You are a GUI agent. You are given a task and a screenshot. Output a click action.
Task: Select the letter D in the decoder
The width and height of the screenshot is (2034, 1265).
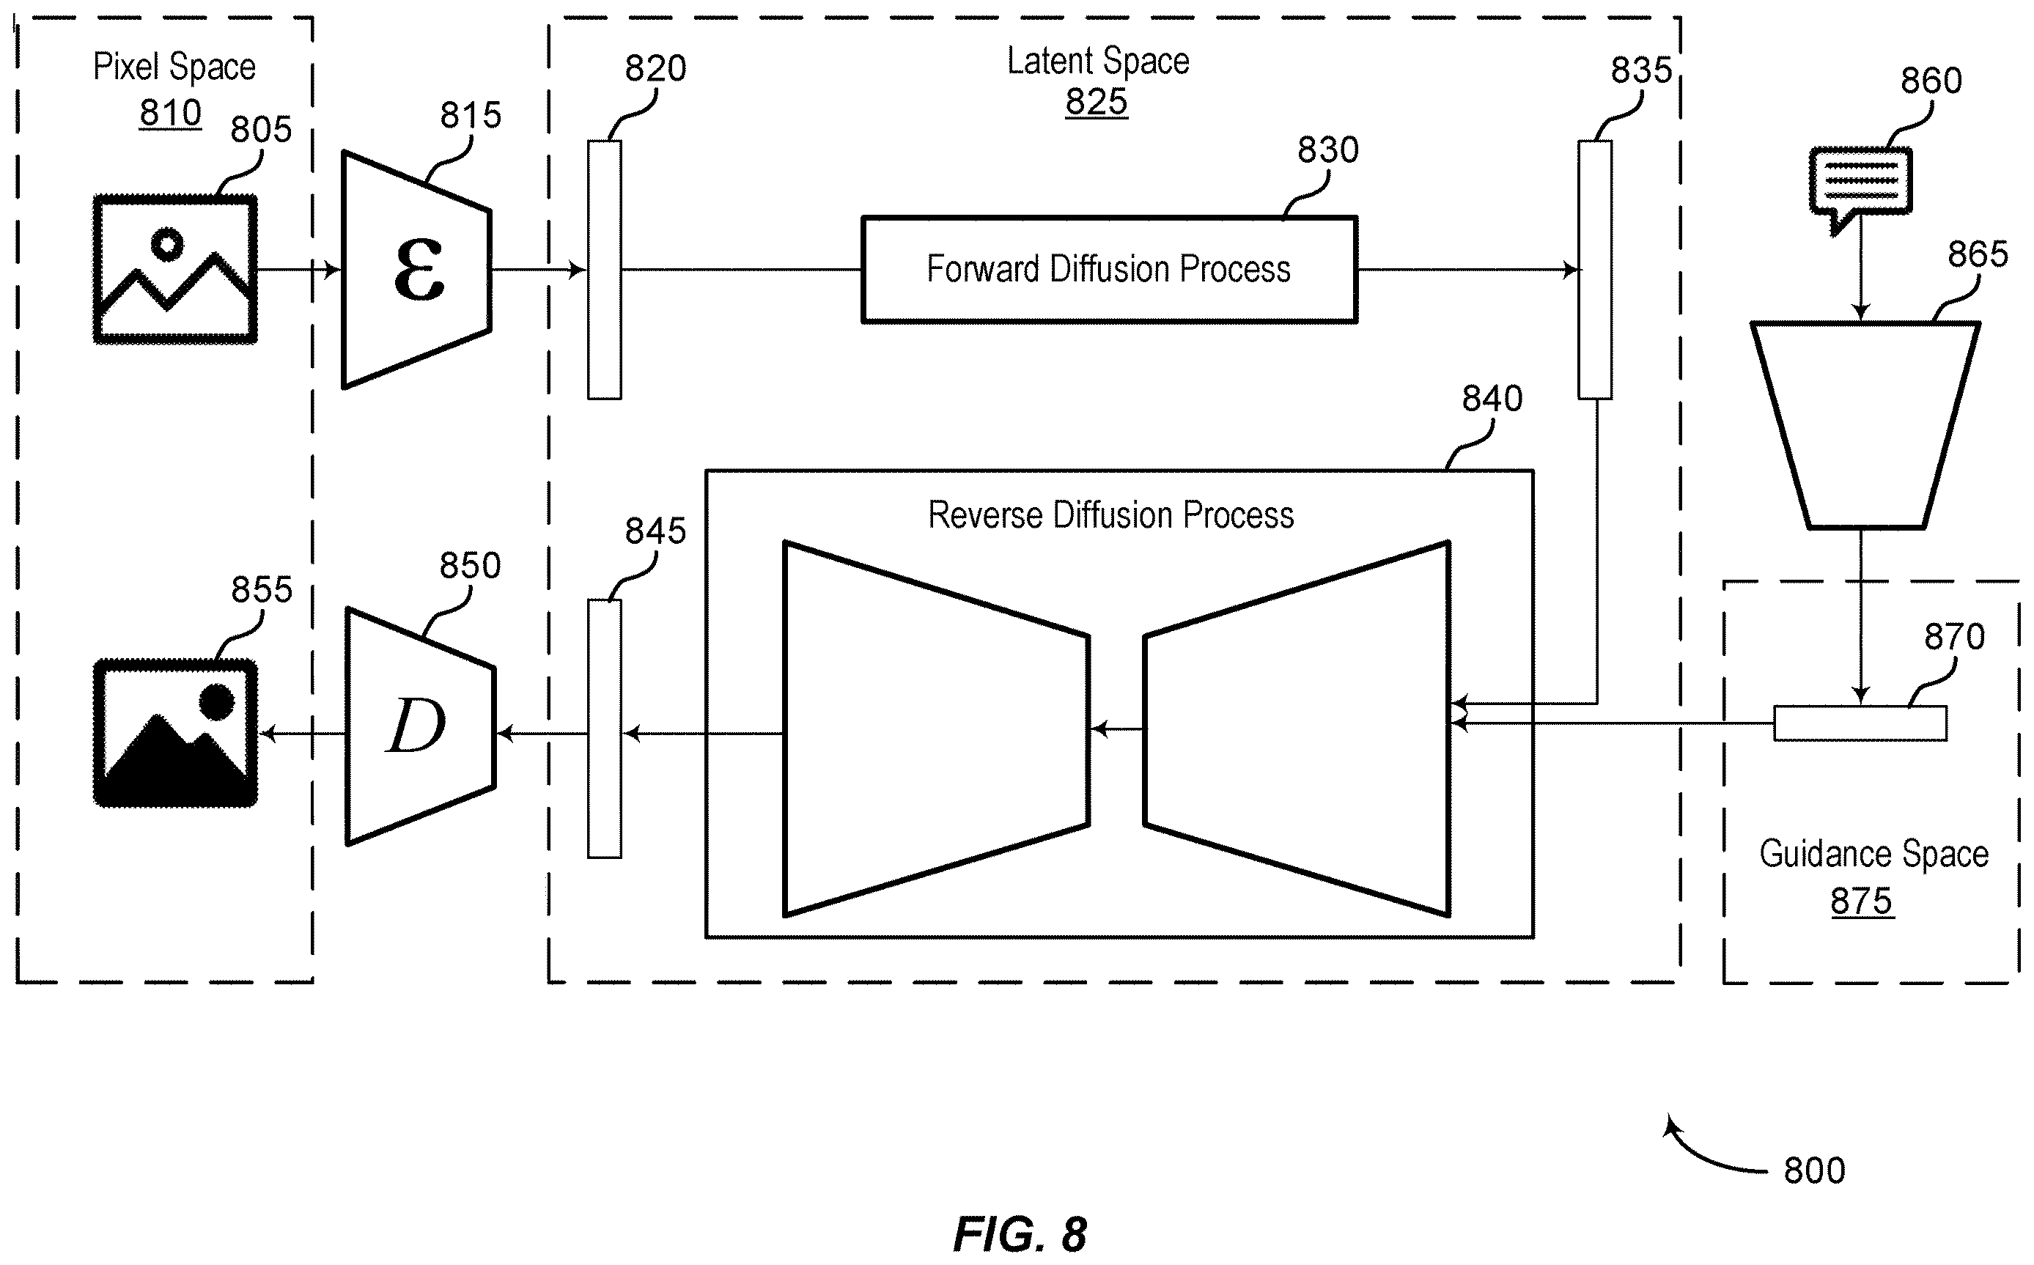415,725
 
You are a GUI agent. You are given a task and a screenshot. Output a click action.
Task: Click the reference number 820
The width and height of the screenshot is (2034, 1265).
655,67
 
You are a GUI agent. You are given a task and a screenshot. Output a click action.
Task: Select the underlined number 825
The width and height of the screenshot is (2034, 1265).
1096,102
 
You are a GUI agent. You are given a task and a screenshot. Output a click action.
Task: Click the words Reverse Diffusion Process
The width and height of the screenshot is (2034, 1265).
1110,515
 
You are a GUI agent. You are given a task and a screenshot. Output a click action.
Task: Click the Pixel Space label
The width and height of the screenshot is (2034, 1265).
174,66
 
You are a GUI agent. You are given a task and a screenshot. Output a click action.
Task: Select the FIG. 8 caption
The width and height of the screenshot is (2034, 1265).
1020,1233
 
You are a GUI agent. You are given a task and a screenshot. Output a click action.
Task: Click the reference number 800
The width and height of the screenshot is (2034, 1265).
1814,1170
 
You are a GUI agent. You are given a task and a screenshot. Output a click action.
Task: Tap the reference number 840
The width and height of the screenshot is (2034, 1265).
1492,398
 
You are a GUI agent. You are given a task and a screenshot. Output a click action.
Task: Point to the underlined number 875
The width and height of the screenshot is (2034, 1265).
1862,901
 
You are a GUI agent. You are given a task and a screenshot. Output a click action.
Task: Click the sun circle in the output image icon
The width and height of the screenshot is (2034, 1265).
217,701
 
